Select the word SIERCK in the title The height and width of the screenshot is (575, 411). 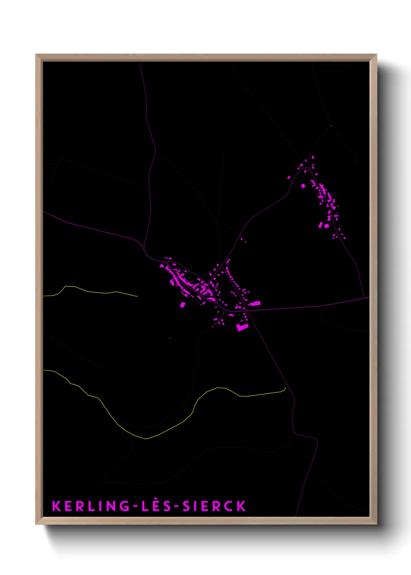tap(214, 506)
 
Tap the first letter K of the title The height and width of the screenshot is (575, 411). tap(56, 506)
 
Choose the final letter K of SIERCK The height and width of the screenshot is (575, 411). tap(241, 506)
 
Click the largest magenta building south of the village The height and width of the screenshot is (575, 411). tap(242, 327)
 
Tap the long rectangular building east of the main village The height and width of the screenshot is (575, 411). tap(255, 303)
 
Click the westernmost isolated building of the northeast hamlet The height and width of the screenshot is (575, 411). tap(289, 178)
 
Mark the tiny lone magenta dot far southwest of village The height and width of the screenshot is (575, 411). tap(170, 337)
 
